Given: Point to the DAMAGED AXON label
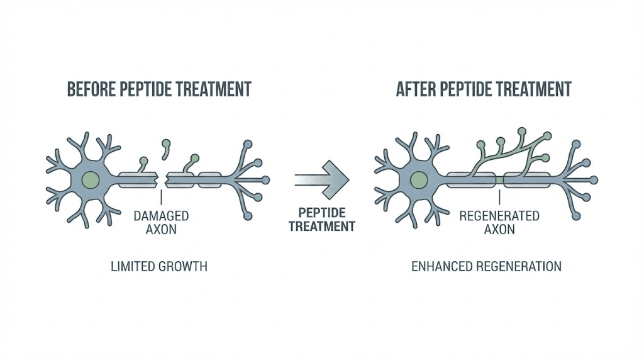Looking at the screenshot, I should pos(161,222).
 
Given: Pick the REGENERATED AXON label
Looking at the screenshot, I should pos(499,222).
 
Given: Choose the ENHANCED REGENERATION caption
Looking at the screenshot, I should pos(486,267).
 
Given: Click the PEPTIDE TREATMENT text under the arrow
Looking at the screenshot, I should pos(322,220).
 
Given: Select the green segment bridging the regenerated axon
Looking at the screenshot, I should pos(499,181).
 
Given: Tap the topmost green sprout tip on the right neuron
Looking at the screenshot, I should pos(522,132).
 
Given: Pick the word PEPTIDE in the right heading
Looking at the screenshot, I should pos(470,89).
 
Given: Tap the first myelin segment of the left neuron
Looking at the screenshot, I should pos(139,180).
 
